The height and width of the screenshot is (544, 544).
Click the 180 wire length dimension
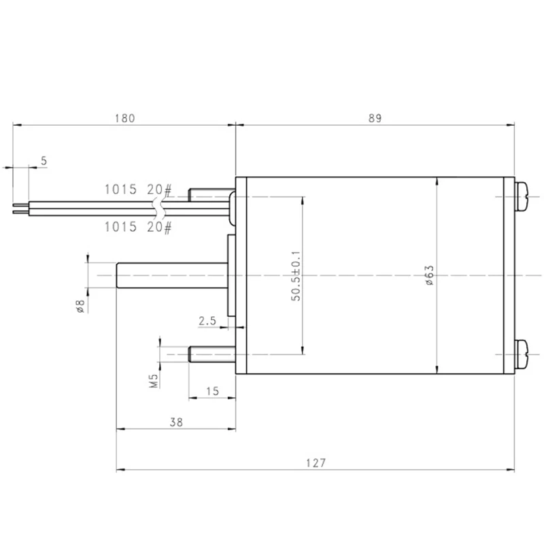pyautogui.click(x=125, y=118)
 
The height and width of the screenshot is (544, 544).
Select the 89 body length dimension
pyautogui.click(x=375, y=118)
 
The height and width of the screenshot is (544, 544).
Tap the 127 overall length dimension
pyautogui.click(x=316, y=463)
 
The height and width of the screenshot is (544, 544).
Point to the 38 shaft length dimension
pyautogui.click(x=176, y=422)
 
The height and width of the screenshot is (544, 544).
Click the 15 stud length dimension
pyautogui.click(x=212, y=392)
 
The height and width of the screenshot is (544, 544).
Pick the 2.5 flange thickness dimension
pyautogui.click(x=207, y=321)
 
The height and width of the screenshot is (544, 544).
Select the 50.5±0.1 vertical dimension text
pyautogui.click(x=296, y=276)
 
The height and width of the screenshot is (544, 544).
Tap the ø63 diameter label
pyautogui.click(x=430, y=275)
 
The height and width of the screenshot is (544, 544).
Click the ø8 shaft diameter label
pyautogui.click(x=80, y=306)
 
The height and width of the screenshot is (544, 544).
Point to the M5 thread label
pyautogui.click(x=154, y=381)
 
